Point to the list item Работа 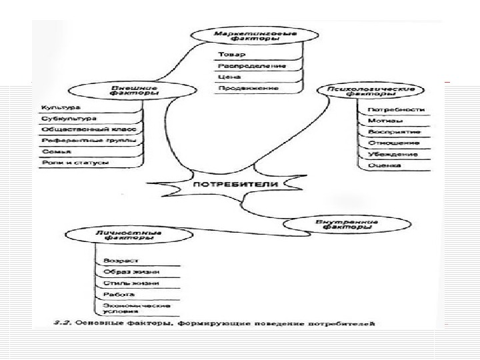(x=110, y=294)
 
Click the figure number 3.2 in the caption (x=62, y=323)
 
